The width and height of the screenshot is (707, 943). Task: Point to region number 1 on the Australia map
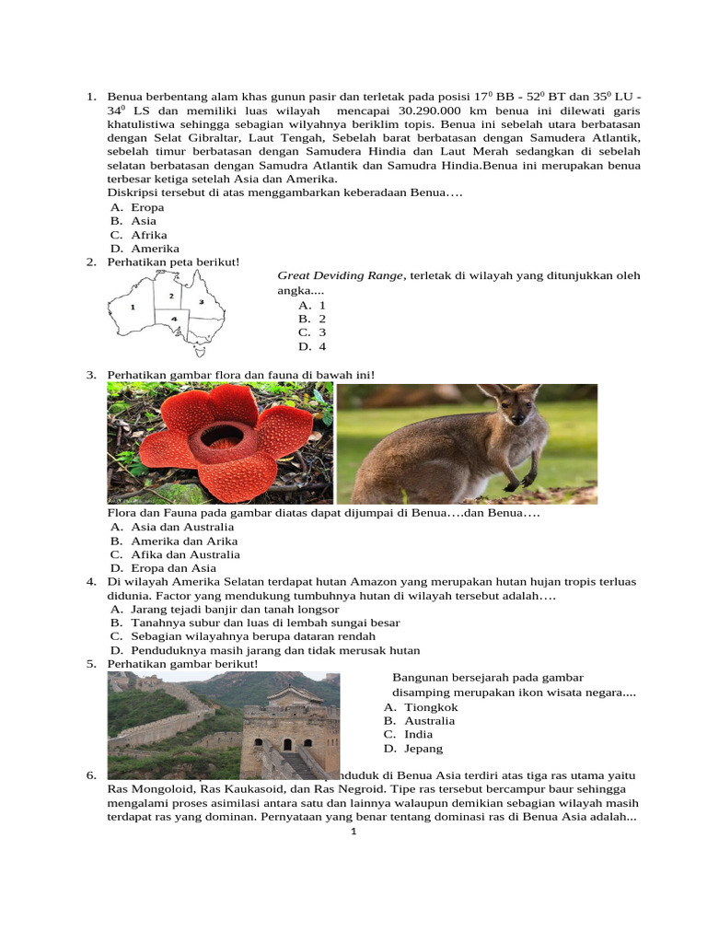point(133,306)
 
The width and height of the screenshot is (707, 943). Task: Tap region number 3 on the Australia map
point(201,302)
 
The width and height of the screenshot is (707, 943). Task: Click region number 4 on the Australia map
point(173,319)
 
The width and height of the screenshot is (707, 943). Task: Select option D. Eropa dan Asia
point(163,568)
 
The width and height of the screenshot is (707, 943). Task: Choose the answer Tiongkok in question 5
point(430,707)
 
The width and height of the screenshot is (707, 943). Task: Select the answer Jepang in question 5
point(423,749)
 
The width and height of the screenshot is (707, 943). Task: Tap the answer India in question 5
point(420,735)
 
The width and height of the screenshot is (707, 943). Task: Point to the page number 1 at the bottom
point(353,832)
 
